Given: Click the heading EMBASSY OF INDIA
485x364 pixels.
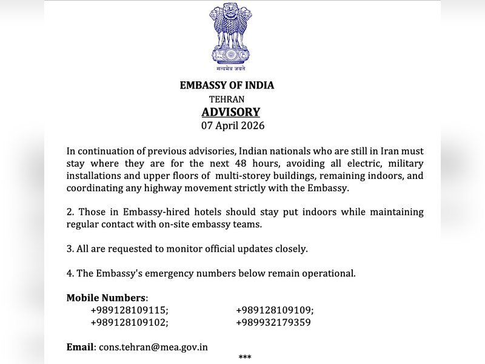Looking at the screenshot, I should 227,86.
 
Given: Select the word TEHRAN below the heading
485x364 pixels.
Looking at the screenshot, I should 227,99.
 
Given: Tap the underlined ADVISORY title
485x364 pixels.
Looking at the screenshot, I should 230,112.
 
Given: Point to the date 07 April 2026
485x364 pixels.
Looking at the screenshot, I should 233,126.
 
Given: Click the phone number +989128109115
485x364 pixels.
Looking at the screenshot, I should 129,310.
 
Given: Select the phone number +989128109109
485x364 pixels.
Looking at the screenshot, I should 275,310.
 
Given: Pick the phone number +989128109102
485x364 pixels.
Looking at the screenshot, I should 129,323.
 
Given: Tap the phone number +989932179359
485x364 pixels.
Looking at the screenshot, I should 273,323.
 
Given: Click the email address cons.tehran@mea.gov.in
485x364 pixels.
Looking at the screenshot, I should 153,347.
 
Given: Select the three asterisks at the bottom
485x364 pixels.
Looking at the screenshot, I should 245,358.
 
